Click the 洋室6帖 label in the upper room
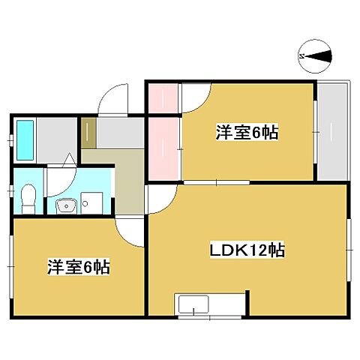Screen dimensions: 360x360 (247, 133)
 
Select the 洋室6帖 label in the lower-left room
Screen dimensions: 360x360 (78, 267)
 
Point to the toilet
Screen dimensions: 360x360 (28, 199)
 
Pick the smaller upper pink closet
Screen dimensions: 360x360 (162, 97)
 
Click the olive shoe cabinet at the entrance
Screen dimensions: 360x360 (88, 133)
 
